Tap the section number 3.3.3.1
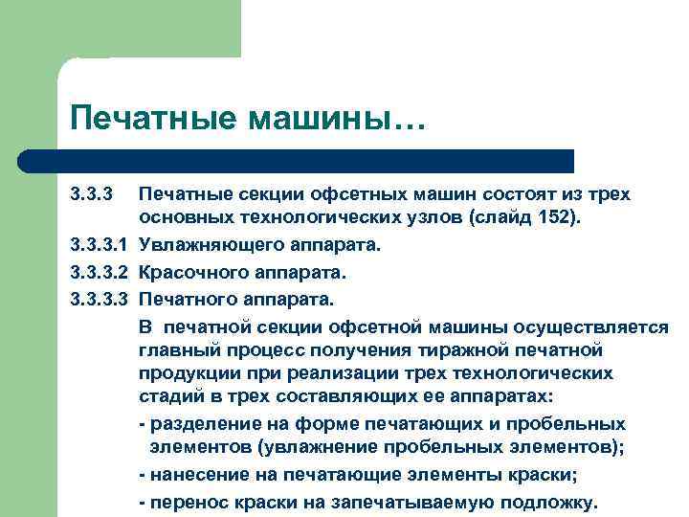coord(99,245)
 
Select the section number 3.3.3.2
coord(99,273)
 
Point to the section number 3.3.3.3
coord(99,300)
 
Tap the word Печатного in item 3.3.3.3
coord(186,300)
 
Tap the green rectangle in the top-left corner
coord(120,29)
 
